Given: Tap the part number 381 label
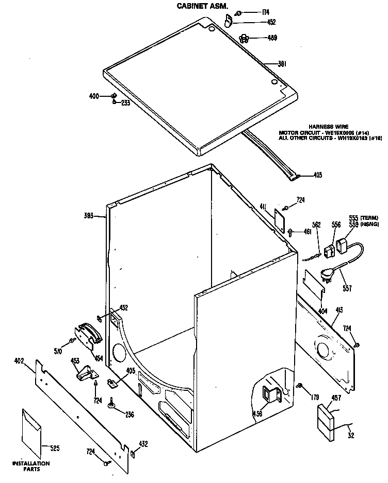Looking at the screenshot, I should [x=282, y=64].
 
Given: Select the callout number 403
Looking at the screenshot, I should [x=317, y=175].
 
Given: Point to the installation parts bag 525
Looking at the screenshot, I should [x=33, y=433].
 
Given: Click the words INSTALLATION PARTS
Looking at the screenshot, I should [x=31, y=466].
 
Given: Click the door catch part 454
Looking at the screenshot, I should [x=88, y=334].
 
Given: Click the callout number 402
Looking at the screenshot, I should [x=19, y=361].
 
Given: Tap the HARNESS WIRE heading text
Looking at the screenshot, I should [x=328, y=127].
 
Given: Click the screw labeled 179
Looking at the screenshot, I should [x=299, y=386].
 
